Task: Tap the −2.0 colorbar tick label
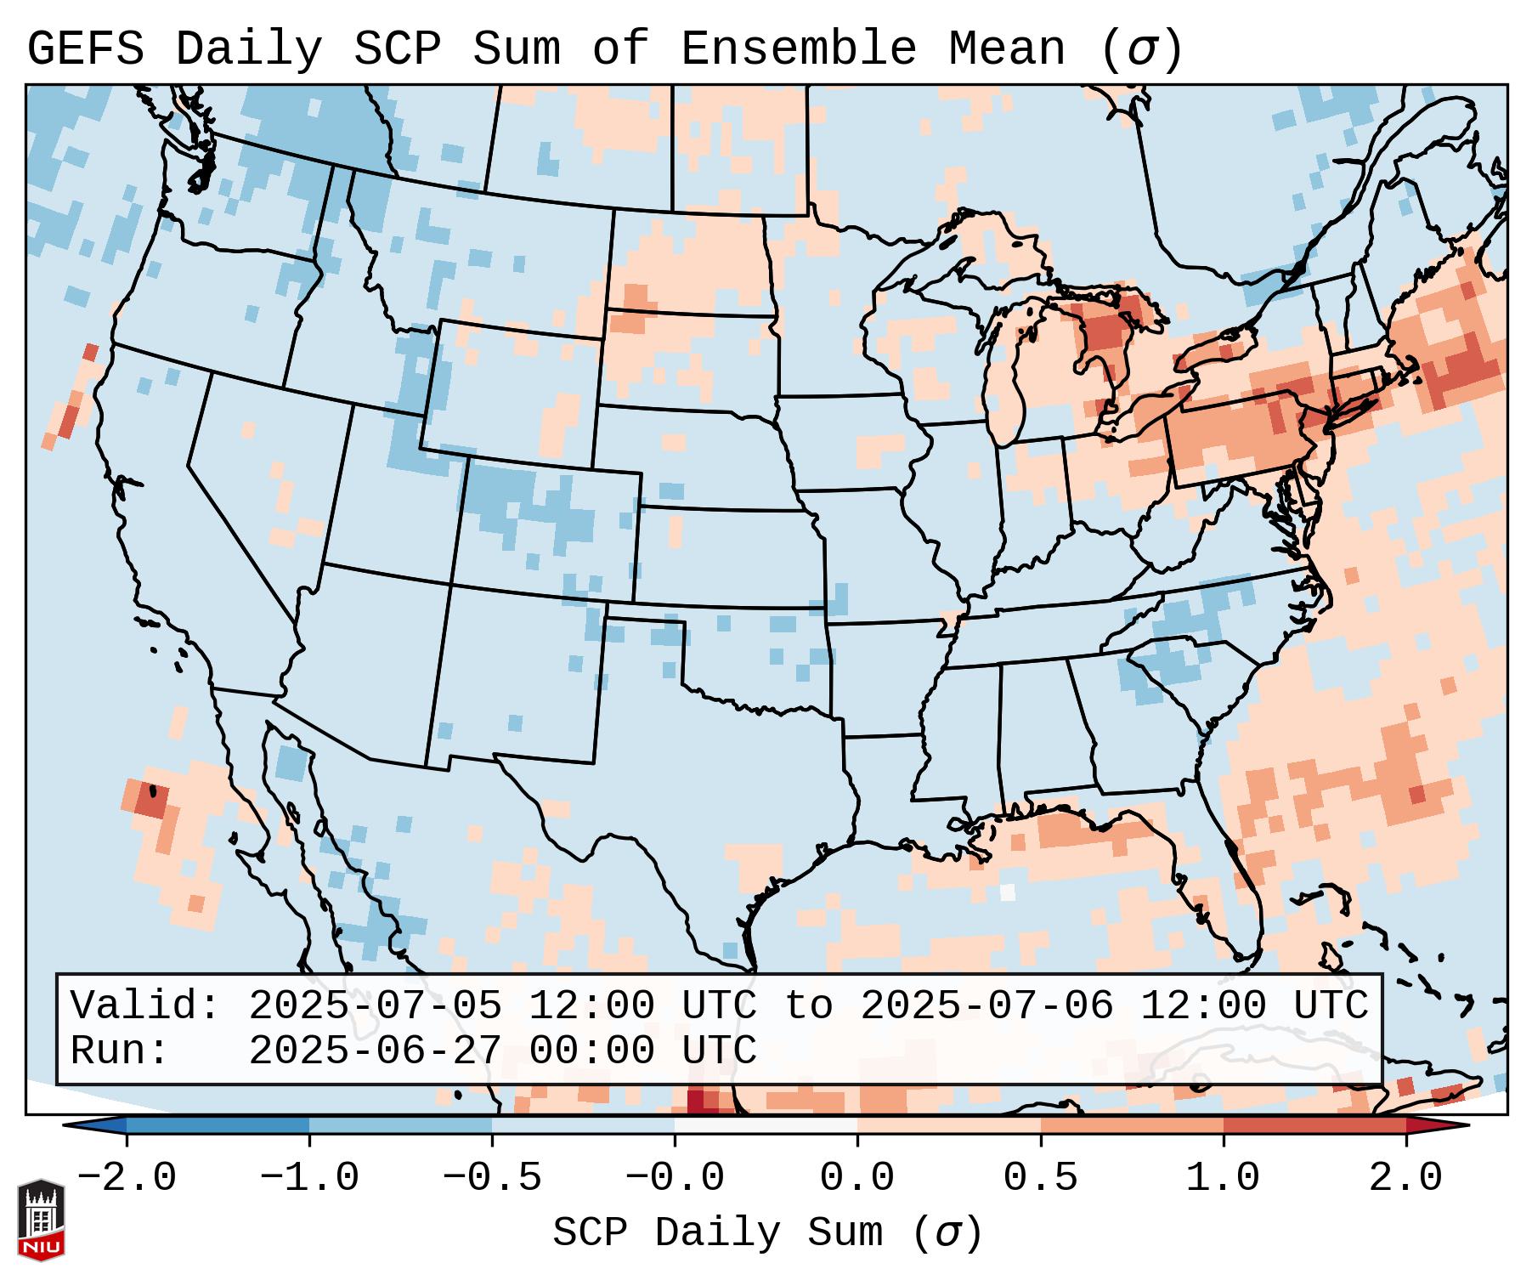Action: (x=127, y=1178)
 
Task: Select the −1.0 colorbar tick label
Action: (x=309, y=1178)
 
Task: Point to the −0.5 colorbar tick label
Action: (x=492, y=1178)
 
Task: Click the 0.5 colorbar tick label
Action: (x=1040, y=1178)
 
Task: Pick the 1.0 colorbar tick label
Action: (x=1223, y=1178)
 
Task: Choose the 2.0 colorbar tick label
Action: (x=1405, y=1178)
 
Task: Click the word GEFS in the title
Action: (x=86, y=49)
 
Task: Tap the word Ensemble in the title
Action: (x=799, y=49)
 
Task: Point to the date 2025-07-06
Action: (x=986, y=1005)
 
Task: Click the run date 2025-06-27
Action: (x=375, y=1051)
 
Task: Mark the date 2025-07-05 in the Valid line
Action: (x=375, y=1005)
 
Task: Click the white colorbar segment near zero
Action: (x=766, y=1125)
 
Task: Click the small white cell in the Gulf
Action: (x=1008, y=892)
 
